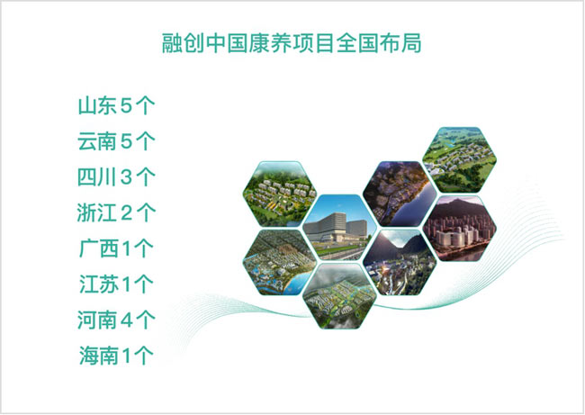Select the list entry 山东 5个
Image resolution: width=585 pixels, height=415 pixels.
(117, 105)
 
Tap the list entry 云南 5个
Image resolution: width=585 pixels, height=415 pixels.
(117, 140)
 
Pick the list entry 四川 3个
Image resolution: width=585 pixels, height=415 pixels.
(117, 176)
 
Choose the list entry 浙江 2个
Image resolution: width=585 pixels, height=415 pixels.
(117, 212)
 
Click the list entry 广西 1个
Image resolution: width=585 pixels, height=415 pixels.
(117, 248)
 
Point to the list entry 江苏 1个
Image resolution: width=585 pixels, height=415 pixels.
(117, 284)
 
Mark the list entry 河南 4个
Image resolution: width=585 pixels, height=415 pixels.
(117, 319)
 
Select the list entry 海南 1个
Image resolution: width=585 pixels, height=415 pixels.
(117, 355)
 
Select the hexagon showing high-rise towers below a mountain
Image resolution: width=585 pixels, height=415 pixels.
(459, 227)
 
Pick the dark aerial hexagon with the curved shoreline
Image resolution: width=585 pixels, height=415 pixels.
(394, 191)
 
